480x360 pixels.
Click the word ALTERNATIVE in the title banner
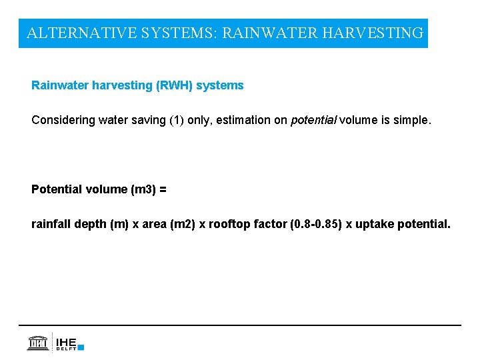(x=81, y=33)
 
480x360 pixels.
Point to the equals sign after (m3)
(x=163, y=189)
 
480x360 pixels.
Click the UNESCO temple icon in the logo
(x=38, y=343)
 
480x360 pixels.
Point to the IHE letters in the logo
(x=66, y=341)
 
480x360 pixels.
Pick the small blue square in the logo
(x=81, y=347)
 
